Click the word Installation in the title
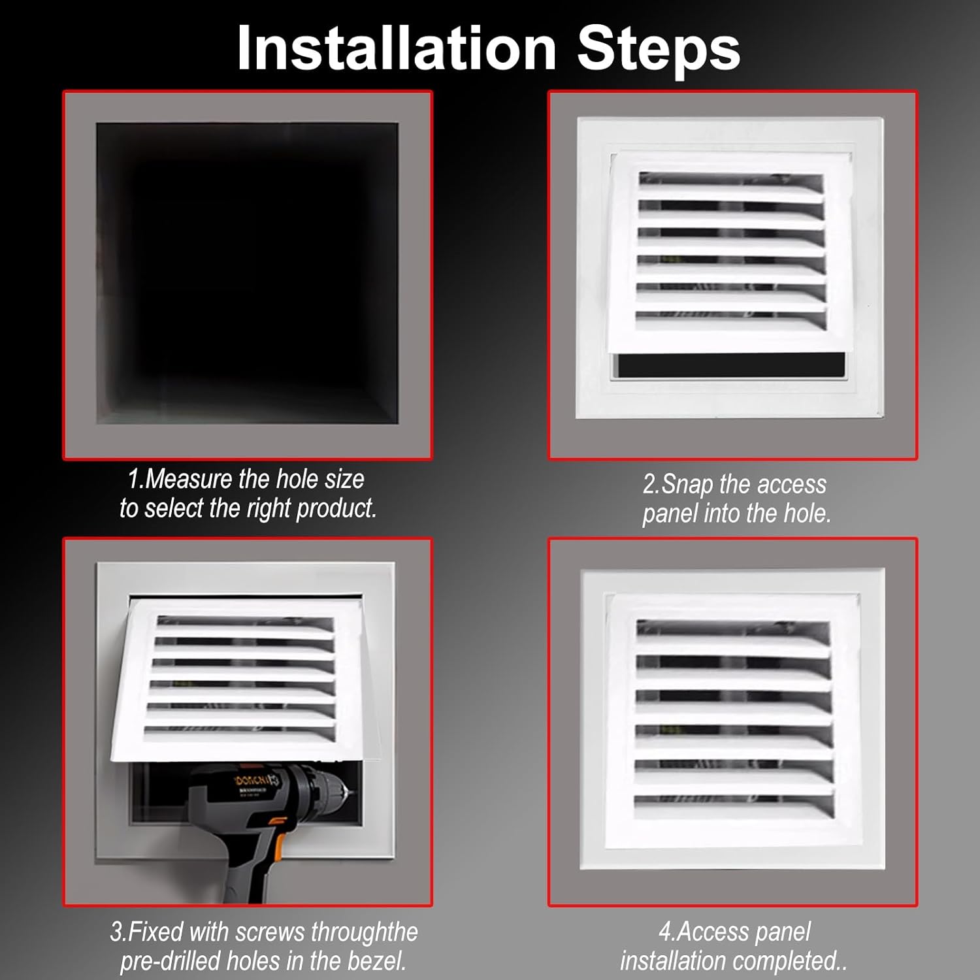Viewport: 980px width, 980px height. [x=396, y=48]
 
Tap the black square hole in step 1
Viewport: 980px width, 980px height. [x=247, y=273]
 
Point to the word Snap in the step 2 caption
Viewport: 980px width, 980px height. [x=687, y=485]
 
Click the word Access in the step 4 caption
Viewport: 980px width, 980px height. [x=710, y=932]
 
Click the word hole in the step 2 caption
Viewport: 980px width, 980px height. [x=806, y=514]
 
